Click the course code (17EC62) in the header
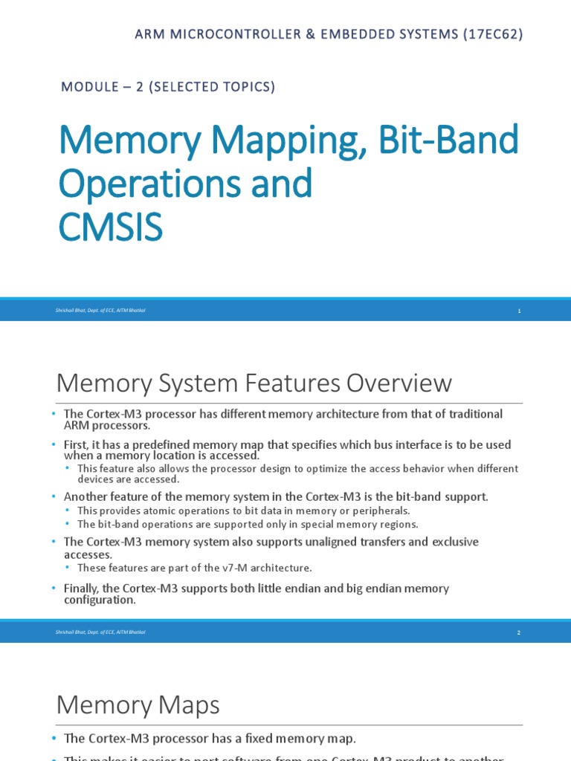(x=490, y=34)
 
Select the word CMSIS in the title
(x=110, y=228)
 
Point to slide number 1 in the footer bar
(x=520, y=311)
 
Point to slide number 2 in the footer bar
(x=520, y=632)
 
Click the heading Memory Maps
(x=138, y=705)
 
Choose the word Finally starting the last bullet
(x=82, y=589)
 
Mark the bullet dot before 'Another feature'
(x=54, y=496)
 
